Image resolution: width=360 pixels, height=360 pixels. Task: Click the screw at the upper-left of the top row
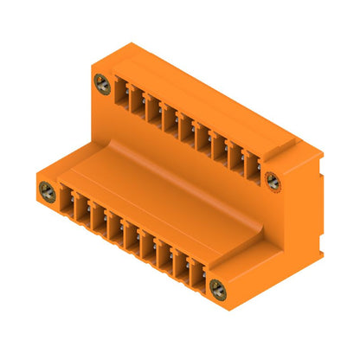click(x=102, y=84)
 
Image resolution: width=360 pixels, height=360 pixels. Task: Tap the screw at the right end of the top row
click(x=271, y=181)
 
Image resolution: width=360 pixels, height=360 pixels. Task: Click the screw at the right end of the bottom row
click(x=216, y=289)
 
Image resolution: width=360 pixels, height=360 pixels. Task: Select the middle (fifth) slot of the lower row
click(x=130, y=239)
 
